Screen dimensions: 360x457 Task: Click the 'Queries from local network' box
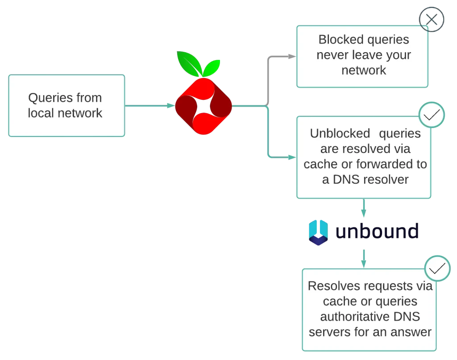66,106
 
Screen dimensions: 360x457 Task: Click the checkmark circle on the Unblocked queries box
432,116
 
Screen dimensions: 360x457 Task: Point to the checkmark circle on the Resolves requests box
437,268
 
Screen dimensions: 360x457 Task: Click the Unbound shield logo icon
318,232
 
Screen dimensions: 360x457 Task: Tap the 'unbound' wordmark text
377,231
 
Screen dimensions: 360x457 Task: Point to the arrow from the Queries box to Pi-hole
150,106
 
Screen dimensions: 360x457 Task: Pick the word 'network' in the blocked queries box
363,70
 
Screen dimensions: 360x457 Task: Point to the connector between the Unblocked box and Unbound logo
364,208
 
